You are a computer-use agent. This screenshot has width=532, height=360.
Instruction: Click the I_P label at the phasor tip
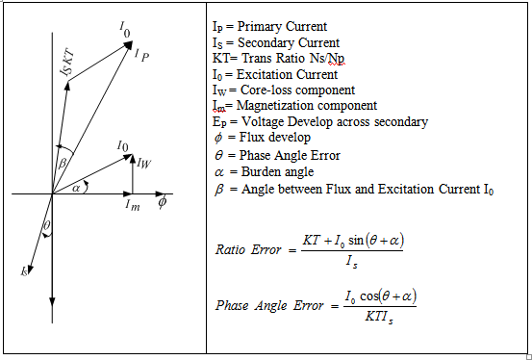coord(142,55)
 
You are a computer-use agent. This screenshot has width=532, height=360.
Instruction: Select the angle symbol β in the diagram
coord(62,164)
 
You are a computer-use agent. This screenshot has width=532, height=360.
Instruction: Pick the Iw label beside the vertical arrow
coord(144,163)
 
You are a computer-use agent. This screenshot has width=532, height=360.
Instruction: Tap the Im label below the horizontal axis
coord(132,204)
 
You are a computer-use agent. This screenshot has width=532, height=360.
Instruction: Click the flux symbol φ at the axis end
coord(163,202)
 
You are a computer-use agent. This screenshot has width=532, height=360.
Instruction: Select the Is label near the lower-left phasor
coord(24,271)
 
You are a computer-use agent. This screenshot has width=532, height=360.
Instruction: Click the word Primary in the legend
coord(253,25)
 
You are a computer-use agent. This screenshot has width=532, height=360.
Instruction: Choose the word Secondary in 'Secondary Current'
coord(259,42)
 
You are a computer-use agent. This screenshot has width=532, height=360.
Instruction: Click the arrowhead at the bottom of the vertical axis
coord(49,318)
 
